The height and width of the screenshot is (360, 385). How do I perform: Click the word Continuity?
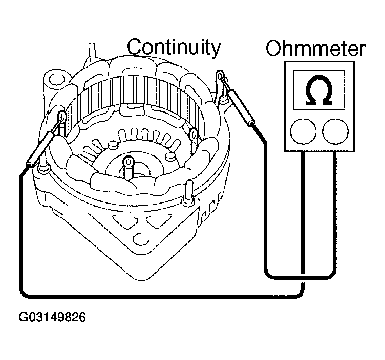(174, 48)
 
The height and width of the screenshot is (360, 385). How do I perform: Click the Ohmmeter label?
(315, 50)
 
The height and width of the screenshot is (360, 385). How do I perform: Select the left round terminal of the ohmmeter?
(301, 131)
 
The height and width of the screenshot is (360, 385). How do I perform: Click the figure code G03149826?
(52, 317)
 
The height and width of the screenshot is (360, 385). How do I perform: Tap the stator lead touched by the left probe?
(62, 117)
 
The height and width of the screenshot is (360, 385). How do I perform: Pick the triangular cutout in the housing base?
(127, 226)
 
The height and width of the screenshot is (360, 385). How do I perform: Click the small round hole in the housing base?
(139, 239)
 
